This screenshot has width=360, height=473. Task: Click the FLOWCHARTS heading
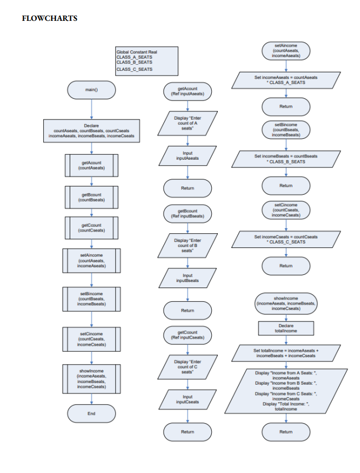click(x=49, y=19)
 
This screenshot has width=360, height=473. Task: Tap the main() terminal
click(x=92, y=89)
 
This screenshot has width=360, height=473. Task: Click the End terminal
click(x=91, y=413)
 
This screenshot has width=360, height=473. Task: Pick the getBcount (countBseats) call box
click(x=91, y=197)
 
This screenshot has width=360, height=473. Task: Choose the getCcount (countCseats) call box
click(x=91, y=228)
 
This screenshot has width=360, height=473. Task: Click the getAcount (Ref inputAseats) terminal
click(x=188, y=91)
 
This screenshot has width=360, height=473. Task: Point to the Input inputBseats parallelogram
click(x=188, y=278)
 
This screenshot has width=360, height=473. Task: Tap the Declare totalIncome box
click(x=286, y=328)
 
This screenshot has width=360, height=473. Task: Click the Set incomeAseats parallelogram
click(x=286, y=80)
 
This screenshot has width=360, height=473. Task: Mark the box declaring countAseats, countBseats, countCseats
click(x=91, y=131)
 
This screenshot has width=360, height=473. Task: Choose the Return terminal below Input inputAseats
click(x=188, y=188)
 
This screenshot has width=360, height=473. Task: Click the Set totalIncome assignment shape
click(x=286, y=353)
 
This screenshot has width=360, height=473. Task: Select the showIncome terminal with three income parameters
click(x=286, y=303)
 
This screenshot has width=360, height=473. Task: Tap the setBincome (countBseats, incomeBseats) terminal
click(x=286, y=130)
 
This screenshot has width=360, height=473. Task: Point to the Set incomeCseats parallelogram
click(x=286, y=239)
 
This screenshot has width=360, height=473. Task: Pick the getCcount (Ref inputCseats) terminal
click(x=188, y=335)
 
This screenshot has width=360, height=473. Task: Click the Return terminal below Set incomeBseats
click(x=286, y=185)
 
